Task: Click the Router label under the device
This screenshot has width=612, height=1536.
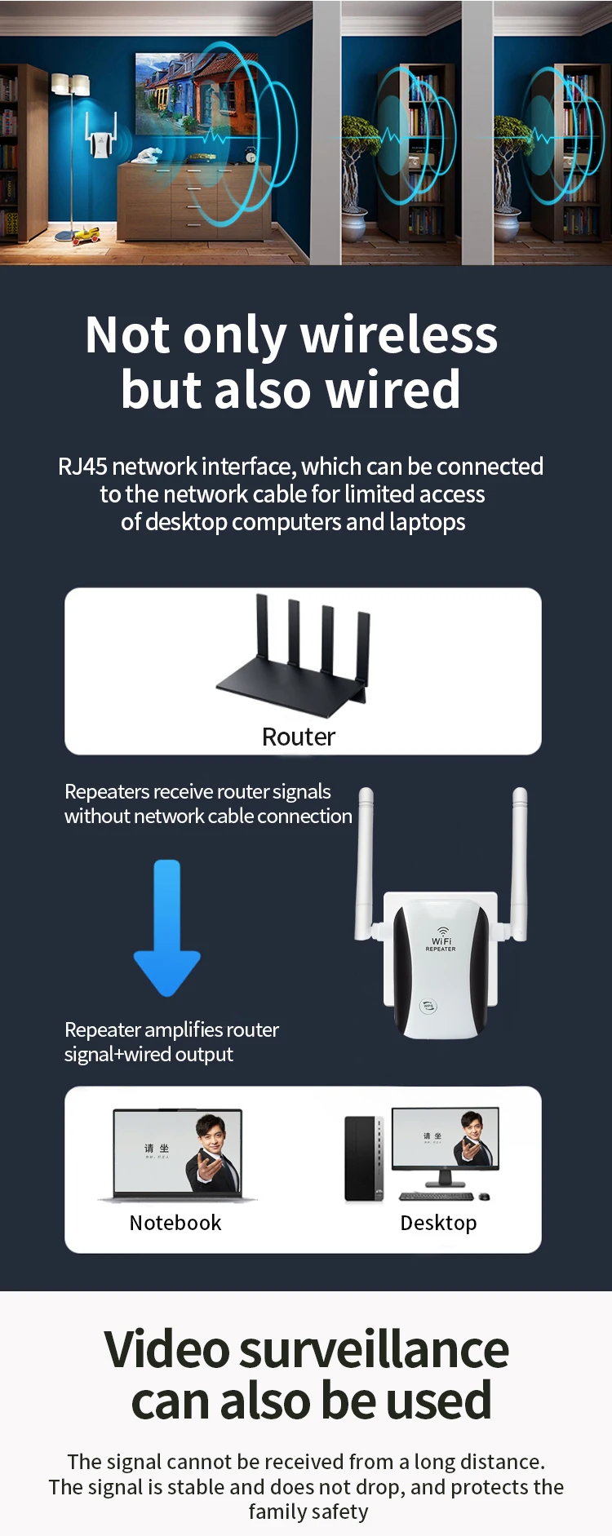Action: pyautogui.click(x=299, y=737)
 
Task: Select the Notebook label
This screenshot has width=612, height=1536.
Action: pyautogui.click(x=175, y=1223)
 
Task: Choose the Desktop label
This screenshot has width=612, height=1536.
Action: pyautogui.click(x=438, y=1223)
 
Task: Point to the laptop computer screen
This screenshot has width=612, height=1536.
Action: pyautogui.click(x=178, y=1152)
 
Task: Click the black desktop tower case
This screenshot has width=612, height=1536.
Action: pyautogui.click(x=363, y=1158)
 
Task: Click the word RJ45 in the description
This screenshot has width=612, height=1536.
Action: pyautogui.click(x=82, y=467)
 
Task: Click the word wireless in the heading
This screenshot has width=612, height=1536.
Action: pyautogui.click(x=399, y=334)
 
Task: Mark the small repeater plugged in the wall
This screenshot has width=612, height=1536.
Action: pyautogui.click(x=101, y=144)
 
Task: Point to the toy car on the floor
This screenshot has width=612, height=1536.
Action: pyautogui.click(x=86, y=236)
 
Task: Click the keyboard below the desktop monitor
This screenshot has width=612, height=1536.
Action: pyautogui.click(x=437, y=1197)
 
